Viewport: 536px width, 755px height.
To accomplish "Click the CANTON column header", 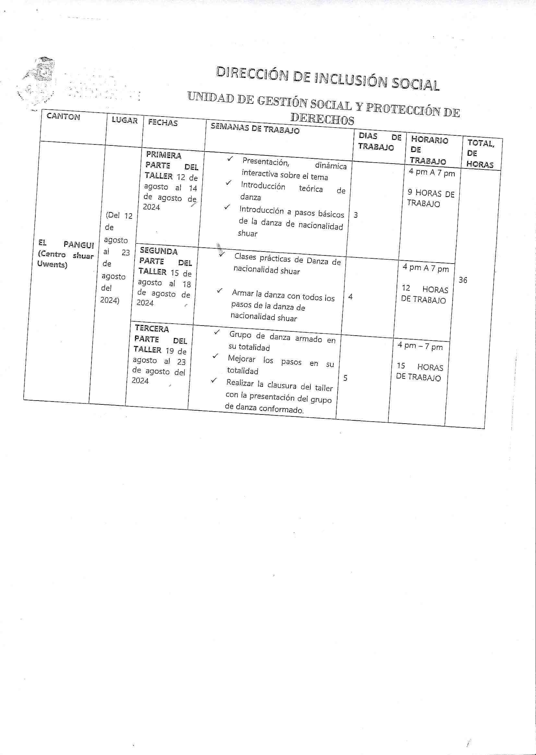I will click(63, 117).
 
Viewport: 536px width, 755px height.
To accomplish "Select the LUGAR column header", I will click(125, 120).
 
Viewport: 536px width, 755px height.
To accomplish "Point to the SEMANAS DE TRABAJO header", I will click(255, 128).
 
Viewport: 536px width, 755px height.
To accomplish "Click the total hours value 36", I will click(463, 280).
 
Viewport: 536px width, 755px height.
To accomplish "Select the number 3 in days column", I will click(355, 215).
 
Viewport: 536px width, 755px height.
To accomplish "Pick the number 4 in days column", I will click(350, 297).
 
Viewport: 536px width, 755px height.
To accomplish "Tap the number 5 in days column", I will click(345, 378).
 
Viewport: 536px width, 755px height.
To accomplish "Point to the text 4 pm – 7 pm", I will click(420, 346).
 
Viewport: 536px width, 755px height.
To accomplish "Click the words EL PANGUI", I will click(66, 244).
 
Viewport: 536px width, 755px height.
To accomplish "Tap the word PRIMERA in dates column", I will click(164, 155).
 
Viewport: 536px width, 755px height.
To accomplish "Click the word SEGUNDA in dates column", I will click(159, 251).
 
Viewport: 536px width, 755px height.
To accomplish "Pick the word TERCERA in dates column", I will click(152, 329).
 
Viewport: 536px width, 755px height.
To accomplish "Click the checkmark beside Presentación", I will click(230, 159).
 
